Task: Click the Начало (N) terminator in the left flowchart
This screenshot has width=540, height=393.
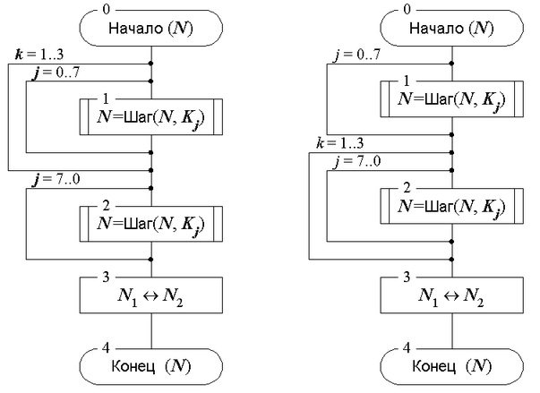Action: pyautogui.click(x=150, y=28)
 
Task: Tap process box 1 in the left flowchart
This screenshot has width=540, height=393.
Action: pyautogui.click(x=150, y=117)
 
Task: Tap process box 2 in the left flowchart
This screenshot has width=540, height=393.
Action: pyautogui.click(x=150, y=220)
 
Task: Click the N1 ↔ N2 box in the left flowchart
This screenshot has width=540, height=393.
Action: pyautogui.click(x=150, y=295)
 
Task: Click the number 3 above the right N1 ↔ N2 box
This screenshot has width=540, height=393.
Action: pyautogui.click(x=408, y=276)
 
